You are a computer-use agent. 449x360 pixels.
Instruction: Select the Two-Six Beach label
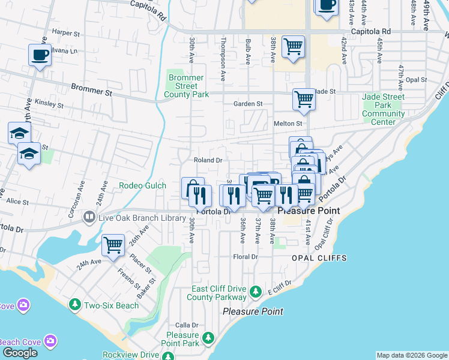tap(111, 305)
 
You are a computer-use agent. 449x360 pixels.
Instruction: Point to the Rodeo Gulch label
tap(142, 185)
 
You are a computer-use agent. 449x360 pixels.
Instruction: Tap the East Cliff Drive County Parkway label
tap(216, 293)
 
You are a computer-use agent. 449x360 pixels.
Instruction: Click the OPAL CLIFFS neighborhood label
tap(319, 258)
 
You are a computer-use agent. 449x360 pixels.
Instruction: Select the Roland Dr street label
tap(208, 160)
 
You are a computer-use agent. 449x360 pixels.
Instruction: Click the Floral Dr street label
tap(245, 257)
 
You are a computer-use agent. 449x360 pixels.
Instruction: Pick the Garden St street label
tap(248, 104)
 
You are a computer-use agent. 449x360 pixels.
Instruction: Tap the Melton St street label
tap(288, 123)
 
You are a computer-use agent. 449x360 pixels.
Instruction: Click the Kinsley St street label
tap(49, 104)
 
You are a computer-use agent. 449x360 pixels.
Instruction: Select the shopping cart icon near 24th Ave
tap(113, 245)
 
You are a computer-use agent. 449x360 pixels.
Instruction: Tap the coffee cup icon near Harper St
tap(40, 55)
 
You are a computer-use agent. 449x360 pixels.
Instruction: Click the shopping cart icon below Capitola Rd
tap(293, 46)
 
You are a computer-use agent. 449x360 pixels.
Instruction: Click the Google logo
tap(20, 353)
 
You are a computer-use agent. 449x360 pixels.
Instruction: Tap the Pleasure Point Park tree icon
tap(208, 337)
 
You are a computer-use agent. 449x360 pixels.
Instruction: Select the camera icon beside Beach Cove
tap(50, 341)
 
